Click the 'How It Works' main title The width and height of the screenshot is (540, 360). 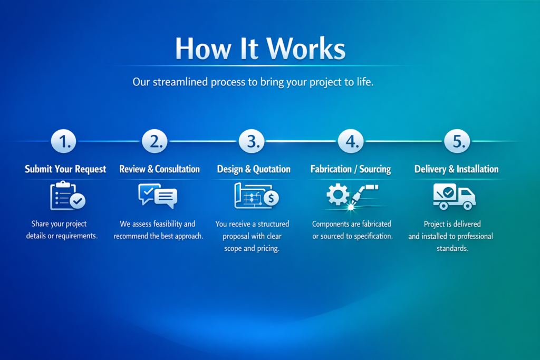(261, 48)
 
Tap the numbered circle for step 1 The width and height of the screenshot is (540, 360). (64, 141)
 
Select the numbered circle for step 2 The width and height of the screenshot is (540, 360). (155, 141)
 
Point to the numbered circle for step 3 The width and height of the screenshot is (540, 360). (252, 141)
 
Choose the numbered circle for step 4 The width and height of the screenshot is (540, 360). (351, 141)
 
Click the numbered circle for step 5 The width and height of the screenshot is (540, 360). (457, 141)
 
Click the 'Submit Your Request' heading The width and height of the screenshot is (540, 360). (65, 169)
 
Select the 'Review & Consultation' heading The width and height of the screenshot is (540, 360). (159, 169)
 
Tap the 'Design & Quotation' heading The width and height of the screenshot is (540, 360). (254, 169)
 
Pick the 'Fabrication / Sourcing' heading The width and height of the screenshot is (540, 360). (351, 169)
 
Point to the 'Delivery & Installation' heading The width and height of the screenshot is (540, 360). (456, 169)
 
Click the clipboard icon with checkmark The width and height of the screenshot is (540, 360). (67, 196)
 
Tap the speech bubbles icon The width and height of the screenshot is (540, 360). (158, 196)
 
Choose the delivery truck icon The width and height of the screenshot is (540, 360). (454, 196)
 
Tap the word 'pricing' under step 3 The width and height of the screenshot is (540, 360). (266, 248)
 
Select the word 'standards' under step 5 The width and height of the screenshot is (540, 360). (452, 248)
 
